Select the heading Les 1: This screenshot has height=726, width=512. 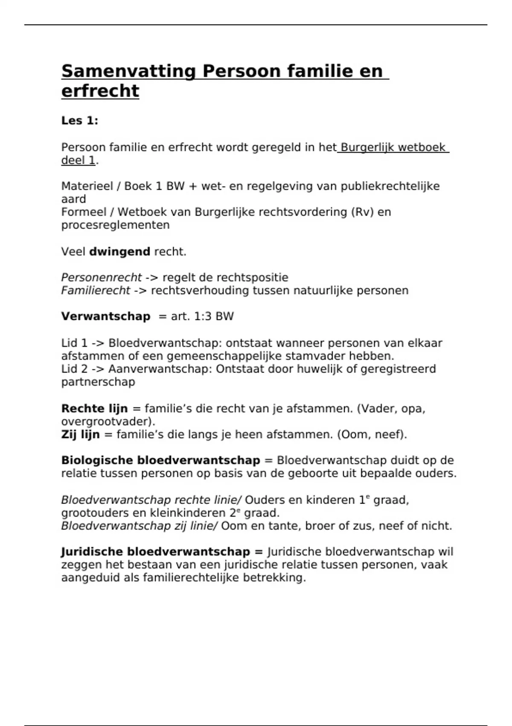(x=80, y=121)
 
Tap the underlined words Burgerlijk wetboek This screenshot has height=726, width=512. (x=393, y=148)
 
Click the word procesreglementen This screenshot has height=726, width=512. (x=115, y=225)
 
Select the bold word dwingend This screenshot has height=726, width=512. (x=119, y=252)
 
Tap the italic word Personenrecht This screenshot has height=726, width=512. (x=101, y=278)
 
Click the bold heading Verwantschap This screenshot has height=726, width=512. (x=106, y=316)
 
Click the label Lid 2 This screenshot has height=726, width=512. (x=74, y=369)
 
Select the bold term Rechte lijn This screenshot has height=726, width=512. (x=94, y=409)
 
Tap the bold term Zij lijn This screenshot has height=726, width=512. (x=80, y=435)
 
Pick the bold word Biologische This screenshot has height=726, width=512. (x=97, y=460)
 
